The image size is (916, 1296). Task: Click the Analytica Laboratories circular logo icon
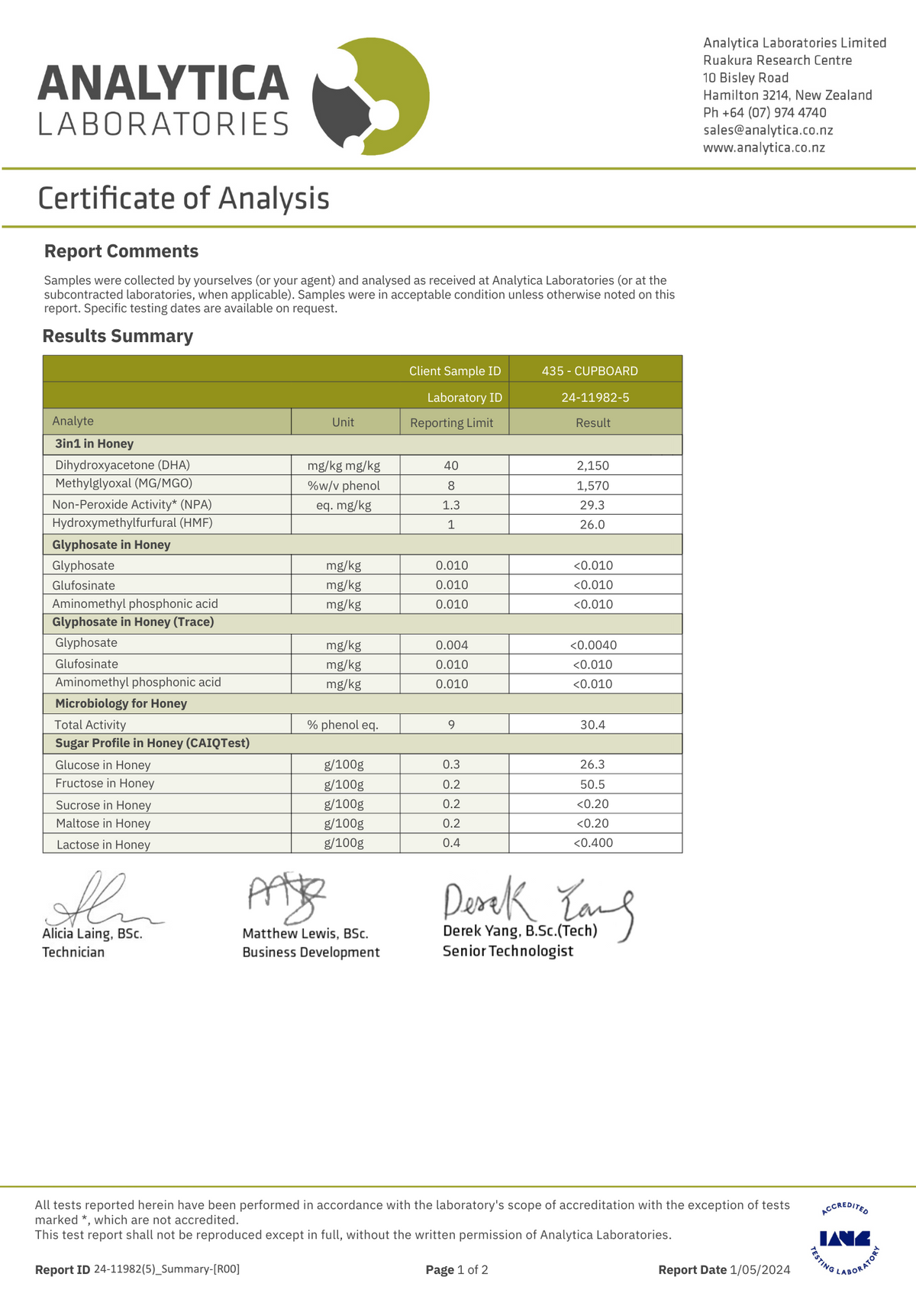point(371,96)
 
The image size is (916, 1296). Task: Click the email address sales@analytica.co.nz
point(767,131)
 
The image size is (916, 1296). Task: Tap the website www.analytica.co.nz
point(763,148)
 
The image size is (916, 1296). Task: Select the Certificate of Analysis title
point(183,199)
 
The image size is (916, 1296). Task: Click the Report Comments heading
point(121,251)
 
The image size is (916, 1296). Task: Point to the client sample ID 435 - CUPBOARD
point(589,371)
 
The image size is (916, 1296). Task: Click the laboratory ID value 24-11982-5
point(595,398)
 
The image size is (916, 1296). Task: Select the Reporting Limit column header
point(451,422)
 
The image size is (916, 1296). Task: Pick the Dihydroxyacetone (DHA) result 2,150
point(593,466)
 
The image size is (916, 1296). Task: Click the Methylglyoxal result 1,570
point(593,486)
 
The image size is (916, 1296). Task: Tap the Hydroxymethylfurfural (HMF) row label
point(132,523)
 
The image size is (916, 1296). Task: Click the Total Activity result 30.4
point(592,725)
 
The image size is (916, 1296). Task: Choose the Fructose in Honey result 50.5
point(592,784)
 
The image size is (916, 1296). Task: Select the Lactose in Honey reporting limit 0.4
point(451,843)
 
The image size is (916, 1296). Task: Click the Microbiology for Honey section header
point(121,703)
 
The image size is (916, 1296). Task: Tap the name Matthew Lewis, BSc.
point(305,933)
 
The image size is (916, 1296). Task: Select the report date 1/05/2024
point(760,1270)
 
